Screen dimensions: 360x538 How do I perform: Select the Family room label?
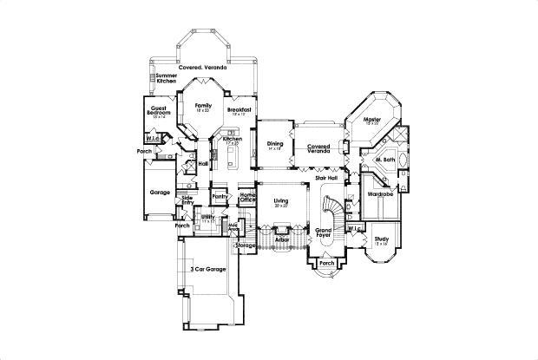coord(203,107)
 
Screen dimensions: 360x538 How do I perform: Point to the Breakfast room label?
coord(239,111)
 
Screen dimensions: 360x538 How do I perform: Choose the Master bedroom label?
coord(373,120)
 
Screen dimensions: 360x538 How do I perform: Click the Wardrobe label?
coord(382,193)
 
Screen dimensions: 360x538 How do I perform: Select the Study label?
coord(382,239)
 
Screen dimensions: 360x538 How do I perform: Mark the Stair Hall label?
coord(325,177)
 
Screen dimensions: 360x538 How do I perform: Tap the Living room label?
coord(280,201)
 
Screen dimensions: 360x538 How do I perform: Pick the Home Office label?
coord(247,197)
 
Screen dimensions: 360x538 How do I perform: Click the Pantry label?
coord(219,197)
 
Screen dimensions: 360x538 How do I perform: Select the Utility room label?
coord(207,218)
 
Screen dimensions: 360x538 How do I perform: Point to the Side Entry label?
coord(187,200)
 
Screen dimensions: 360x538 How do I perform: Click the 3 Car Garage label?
coord(208,270)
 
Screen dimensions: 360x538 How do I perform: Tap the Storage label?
coord(246,245)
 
